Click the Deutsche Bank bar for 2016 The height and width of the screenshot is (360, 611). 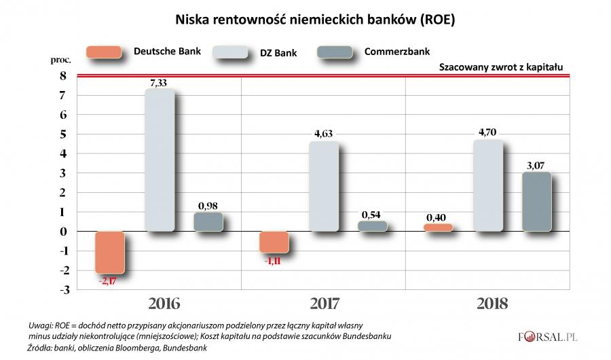(110, 252)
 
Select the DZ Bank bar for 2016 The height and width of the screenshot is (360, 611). (160, 160)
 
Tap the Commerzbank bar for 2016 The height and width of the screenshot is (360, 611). (208, 222)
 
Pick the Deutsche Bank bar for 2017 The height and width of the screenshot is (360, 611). (274, 242)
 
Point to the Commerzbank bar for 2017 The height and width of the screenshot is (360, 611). (372, 226)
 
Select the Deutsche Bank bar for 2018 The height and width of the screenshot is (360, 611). (437, 228)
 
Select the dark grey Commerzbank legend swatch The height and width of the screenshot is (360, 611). (335, 52)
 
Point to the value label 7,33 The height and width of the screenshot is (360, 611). (161, 82)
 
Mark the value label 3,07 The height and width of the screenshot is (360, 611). (536, 165)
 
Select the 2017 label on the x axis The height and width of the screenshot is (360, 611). (324, 302)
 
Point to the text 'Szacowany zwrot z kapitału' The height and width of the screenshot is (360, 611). (502, 67)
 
